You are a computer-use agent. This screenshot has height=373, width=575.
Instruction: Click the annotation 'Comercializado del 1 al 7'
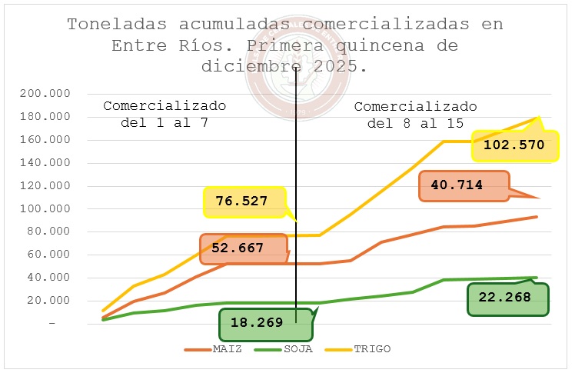point(165,113)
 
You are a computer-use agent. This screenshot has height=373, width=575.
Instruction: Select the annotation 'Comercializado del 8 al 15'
point(415,114)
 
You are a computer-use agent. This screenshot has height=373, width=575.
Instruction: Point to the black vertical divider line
point(296,192)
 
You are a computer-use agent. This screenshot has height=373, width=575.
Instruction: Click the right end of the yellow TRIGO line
point(537,118)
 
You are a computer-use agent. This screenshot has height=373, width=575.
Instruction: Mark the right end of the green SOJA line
point(537,277)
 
